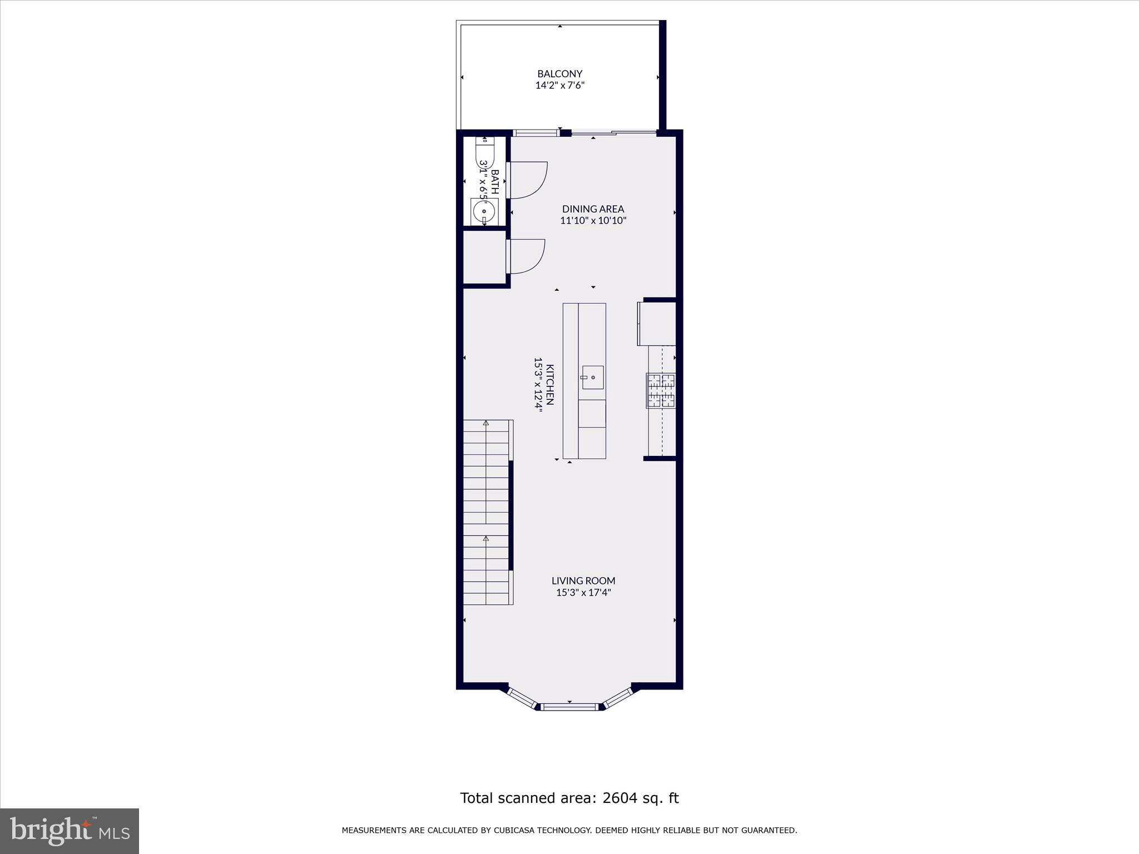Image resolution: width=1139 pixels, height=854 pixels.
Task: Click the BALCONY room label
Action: point(559,73)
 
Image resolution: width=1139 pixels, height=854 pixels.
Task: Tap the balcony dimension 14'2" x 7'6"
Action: point(559,86)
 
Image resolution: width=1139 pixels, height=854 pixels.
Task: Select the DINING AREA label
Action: point(593,209)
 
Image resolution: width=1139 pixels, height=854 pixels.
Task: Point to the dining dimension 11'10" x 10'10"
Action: point(593,221)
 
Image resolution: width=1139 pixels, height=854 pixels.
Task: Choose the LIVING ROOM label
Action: point(583,580)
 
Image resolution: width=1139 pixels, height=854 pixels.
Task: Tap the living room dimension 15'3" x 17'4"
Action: point(583,593)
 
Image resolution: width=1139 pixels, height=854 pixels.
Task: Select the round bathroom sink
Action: point(484,211)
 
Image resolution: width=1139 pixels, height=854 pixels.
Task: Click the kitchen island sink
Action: point(593,378)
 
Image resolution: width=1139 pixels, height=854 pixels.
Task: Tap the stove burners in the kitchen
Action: point(661,390)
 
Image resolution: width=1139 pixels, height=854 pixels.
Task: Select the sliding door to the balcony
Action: point(614,132)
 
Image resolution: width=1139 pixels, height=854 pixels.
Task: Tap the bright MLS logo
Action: point(70,831)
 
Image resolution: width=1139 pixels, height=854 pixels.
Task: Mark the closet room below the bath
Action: point(484,257)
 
